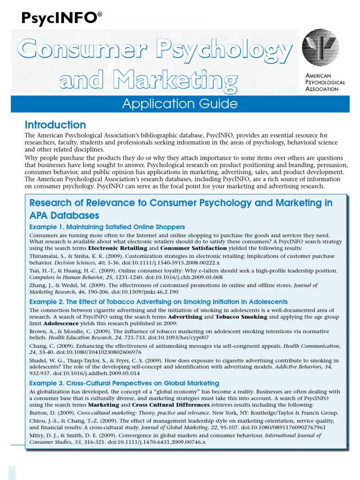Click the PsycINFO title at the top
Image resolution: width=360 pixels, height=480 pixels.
(x=61, y=18)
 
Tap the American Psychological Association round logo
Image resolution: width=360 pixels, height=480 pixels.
(x=321, y=48)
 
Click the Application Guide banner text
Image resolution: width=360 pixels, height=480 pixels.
(x=180, y=104)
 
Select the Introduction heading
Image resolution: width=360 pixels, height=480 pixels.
(x=55, y=125)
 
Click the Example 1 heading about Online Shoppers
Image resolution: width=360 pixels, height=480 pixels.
(x=107, y=227)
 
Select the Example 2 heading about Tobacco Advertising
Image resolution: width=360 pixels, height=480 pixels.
(x=158, y=302)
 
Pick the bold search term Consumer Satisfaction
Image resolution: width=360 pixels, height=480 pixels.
(x=193, y=248)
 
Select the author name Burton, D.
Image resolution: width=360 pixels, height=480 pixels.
(x=45, y=412)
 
